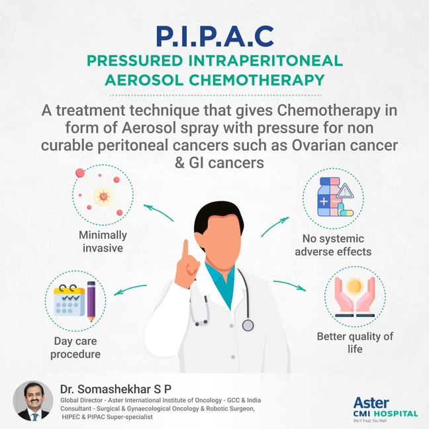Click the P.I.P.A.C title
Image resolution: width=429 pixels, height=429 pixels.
pyautogui.click(x=215, y=36)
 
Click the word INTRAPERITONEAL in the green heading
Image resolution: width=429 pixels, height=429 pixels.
pyautogui.click(x=265, y=61)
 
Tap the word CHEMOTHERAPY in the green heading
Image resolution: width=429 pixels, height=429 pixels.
pyautogui.click(x=257, y=80)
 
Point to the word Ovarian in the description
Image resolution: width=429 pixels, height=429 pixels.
pyautogui.click(x=318, y=145)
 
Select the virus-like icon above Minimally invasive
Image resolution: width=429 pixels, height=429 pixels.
pyautogui.click(x=101, y=193)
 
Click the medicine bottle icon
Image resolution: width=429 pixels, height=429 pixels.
pyautogui.click(x=330, y=197)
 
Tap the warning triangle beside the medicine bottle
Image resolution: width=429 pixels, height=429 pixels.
pyautogui.click(x=345, y=191)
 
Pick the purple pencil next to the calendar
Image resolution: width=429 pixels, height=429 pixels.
pyautogui.click(x=91, y=301)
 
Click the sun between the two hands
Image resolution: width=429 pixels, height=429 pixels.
pyautogui.click(x=355, y=286)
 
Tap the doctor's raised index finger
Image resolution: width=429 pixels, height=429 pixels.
pyautogui.click(x=186, y=250)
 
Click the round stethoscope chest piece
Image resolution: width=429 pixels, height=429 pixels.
pyautogui.click(x=248, y=326)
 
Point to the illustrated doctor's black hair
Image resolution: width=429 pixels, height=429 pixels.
pyautogui.click(x=219, y=216)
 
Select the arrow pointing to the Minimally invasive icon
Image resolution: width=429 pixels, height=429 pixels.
pyautogui.click(x=158, y=211)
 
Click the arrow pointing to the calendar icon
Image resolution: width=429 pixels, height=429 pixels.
pyautogui.click(x=130, y=289)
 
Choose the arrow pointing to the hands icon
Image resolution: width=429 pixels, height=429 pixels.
pyautogui.click(x=289, y=285)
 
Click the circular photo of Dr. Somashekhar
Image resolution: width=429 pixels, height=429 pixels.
pyautogui.click(x=33, y=401)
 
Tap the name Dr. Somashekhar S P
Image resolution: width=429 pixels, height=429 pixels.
pyautogui.click(x=116, y=389)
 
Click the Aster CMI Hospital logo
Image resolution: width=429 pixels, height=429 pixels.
pyautogui.click(x=385, y=409)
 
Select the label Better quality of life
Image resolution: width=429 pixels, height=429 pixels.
pyautogui.click(x=355, y=342)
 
